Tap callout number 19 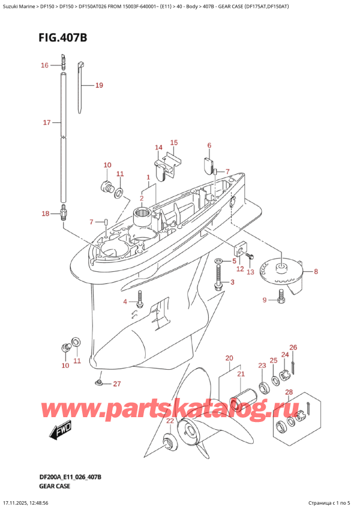[x=99, y=85]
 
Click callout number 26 [x=293, y=348]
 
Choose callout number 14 [x=158, y=148]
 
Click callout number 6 [x=209, y=145]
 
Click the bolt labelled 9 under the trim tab [x=281, y=295]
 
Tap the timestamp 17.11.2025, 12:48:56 [x=37, y=502]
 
